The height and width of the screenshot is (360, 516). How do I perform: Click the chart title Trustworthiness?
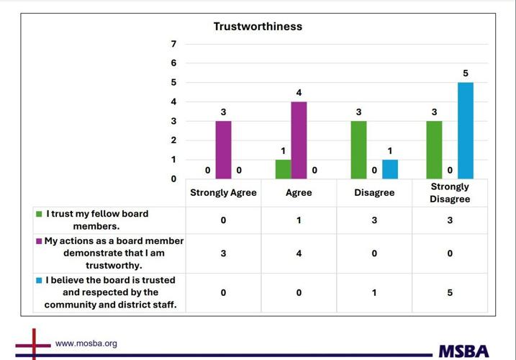point(258,27)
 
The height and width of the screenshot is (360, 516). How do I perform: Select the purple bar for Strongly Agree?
point(224,150)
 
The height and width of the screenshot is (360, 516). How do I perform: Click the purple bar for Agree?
point(299,140)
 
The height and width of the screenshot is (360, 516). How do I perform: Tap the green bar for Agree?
point(283,169)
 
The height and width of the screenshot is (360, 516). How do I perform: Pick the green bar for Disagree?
point(358,150)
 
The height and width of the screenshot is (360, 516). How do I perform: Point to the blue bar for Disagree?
point(390,169)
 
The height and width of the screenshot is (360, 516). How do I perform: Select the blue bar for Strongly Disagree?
point(466,130)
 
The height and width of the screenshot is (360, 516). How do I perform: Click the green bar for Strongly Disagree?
point(434,150)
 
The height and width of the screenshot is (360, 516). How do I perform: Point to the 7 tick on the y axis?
point(173,44)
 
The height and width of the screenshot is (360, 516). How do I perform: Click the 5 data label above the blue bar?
point(466,73)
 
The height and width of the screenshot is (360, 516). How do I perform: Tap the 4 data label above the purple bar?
point(299,93)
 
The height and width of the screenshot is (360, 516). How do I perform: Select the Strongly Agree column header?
point(223,193)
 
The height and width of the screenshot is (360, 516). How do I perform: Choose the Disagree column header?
point(374,193)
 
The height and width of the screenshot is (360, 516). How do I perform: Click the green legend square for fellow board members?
point(39,215)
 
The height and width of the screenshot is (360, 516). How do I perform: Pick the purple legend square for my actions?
point(39,241)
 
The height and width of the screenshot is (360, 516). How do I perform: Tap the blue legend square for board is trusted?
point(39,280)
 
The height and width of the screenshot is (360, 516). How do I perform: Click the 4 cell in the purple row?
point(299,253)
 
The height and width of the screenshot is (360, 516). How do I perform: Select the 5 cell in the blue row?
point(450,292)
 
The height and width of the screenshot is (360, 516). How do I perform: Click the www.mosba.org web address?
point(86,343)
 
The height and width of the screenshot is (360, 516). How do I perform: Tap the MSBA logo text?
point(463,351)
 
